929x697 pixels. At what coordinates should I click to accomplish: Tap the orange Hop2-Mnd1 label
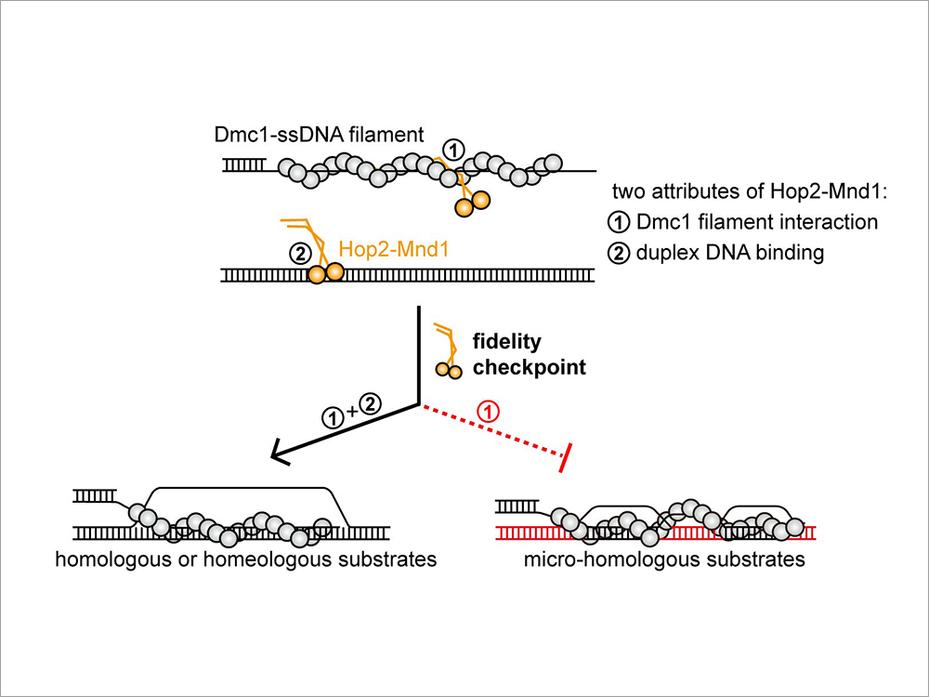pos(384,249)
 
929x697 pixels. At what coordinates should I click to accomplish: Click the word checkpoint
pos(530,367)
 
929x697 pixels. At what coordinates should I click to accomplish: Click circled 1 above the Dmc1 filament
pos(453,149)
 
